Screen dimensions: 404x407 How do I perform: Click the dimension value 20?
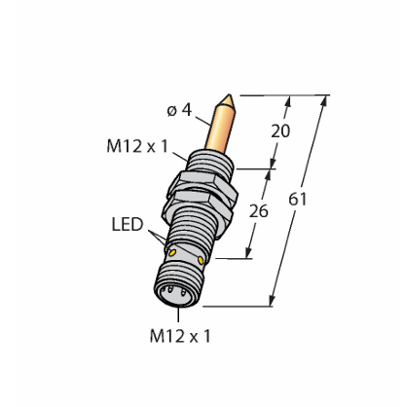pos(280,131)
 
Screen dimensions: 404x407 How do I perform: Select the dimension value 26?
pos(258,211)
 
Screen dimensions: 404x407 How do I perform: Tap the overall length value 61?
pos(298,199)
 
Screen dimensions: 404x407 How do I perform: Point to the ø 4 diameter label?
pos(179,110)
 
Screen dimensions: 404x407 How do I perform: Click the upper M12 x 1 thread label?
pos(137,146)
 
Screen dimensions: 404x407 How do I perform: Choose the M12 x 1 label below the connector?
pos(180,336)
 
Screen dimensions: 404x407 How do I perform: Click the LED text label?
pos(128,224)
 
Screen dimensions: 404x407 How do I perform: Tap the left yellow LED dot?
pos(172,252)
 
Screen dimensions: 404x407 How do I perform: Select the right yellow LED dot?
pos(201,259)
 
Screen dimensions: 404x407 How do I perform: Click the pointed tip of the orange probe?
pos(230,94)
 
